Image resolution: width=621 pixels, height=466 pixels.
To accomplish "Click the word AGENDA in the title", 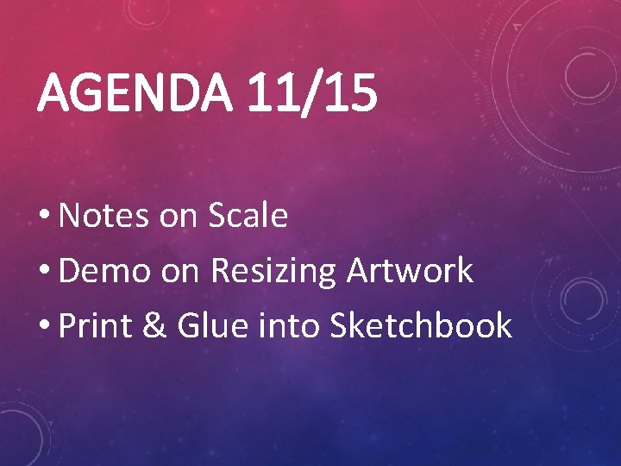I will click(x=135, y=92).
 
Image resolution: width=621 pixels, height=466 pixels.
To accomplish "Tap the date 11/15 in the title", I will click(x=310, y=92).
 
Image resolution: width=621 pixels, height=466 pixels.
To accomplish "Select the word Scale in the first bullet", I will click(x=248, y=216).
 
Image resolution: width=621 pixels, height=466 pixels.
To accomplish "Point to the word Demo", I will click(x=107, y=271).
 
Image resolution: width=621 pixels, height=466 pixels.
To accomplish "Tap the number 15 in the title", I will click(x=348, y=92).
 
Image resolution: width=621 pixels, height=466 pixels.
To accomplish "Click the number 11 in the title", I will click(x=271, y=92).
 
